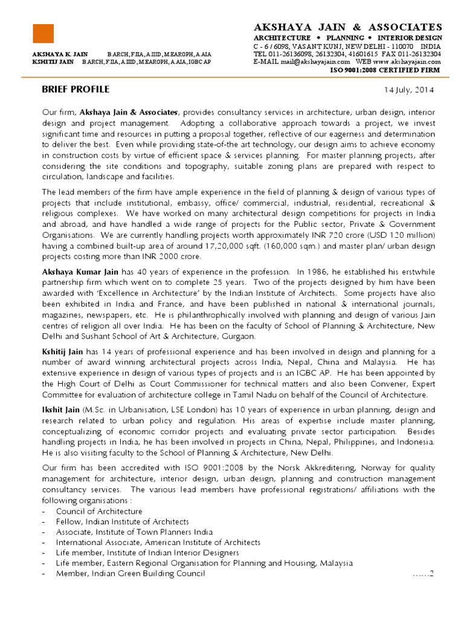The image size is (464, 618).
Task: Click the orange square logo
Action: point(43,33)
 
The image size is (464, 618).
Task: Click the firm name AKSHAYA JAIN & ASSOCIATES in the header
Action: point(347,27)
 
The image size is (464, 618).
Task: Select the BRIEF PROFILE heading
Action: point(76,89)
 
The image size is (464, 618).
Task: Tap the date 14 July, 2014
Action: point(409,91)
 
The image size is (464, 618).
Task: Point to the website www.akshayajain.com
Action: point(407,62)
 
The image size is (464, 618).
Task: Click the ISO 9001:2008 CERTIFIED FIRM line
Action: point(384,70)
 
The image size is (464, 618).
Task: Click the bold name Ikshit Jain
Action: point(60,410)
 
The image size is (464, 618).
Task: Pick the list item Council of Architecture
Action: point(99,511)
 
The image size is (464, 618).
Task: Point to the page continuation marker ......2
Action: point(423,574)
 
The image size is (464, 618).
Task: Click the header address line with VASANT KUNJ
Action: point(347,46)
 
